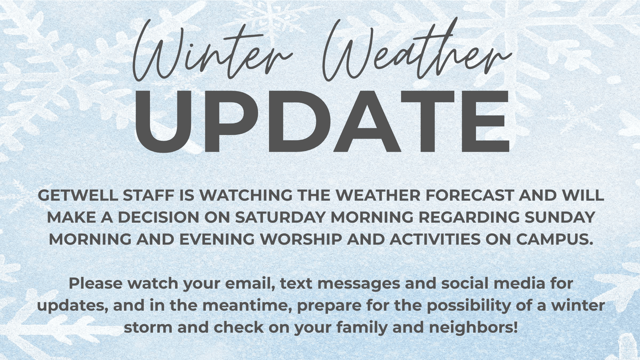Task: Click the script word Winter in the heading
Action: pyautogui.click(x=213, y=51)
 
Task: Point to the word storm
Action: pyautogui.click(x=148, y=328)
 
